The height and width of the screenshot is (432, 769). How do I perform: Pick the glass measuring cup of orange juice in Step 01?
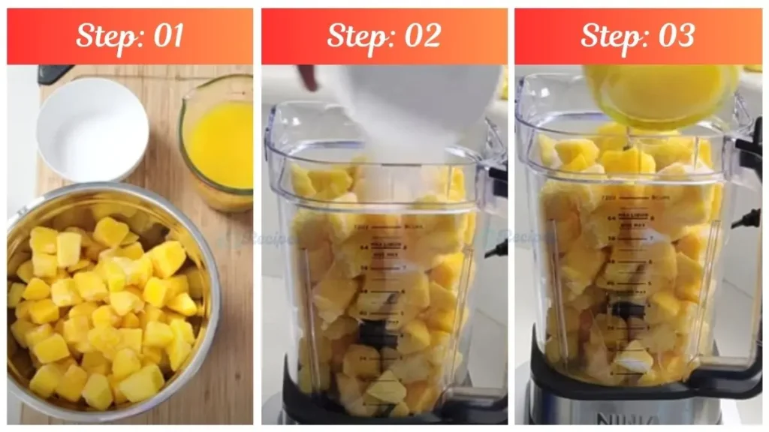218,142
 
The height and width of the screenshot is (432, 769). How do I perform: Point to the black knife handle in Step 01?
55,73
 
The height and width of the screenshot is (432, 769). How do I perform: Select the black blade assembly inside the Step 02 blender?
378,333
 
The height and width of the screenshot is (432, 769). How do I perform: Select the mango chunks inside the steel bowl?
105,307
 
